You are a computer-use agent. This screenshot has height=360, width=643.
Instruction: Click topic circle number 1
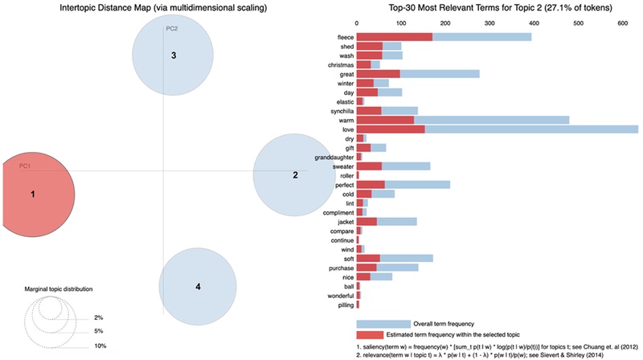click(32, 194)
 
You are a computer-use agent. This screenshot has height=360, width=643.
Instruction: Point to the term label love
click(347, 129)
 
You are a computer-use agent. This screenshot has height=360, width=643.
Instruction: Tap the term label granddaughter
click(334, 157)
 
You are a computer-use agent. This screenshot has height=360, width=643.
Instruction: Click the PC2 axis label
click(172, 29)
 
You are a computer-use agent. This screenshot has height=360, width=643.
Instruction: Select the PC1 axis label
click(25, 166)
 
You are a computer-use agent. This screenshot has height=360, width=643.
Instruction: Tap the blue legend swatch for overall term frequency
click(383, 324)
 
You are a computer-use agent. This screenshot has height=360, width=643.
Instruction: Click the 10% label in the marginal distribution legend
click(99, 346)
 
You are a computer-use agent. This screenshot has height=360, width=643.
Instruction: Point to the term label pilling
click(343, 305)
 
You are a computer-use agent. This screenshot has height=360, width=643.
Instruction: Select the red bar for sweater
click(369, 166)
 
